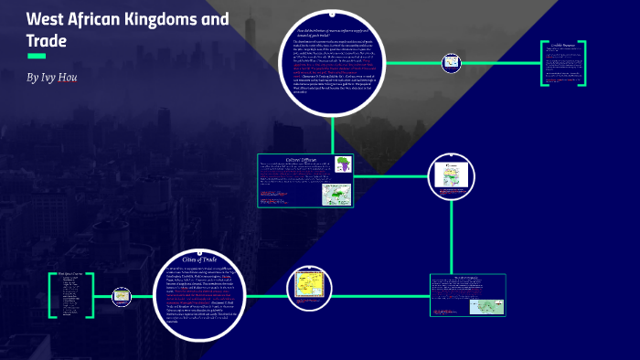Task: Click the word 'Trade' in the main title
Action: coord(48,40)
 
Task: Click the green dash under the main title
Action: coord(37,57)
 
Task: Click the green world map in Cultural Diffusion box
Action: coord(334,194)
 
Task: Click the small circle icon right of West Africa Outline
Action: coord(119,295)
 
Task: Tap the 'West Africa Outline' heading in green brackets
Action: coord(71,272)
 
